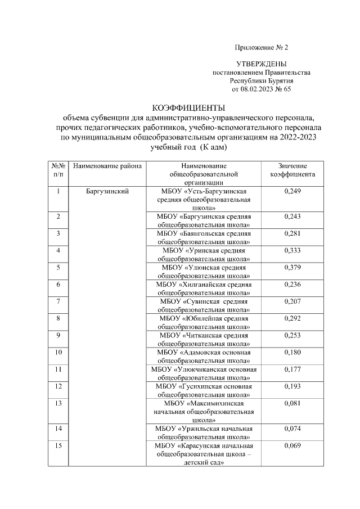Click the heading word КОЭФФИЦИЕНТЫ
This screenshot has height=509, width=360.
click(189, 107)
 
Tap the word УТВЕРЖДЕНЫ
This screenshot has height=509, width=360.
click(261, 65)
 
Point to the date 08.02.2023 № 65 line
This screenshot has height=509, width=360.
click(261, 89)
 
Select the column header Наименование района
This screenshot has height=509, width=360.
click(107, 166)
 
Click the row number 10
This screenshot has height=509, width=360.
click(58, 353)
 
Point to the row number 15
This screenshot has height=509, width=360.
click(58, 446)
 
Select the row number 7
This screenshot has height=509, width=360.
click(58, 301)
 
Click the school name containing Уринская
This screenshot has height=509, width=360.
click(204, 254)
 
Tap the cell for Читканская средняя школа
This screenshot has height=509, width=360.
click(204, 339)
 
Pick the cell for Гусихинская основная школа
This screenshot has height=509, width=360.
click(204, 390)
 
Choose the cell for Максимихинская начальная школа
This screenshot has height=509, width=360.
click(204, 412)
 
